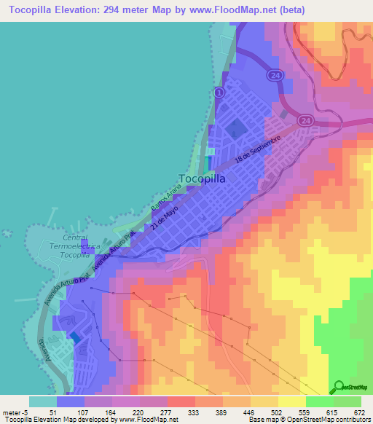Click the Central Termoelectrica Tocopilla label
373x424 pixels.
coord(66,247)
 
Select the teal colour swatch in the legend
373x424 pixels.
coord(42,401)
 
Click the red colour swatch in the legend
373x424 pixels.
coord(181,401)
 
